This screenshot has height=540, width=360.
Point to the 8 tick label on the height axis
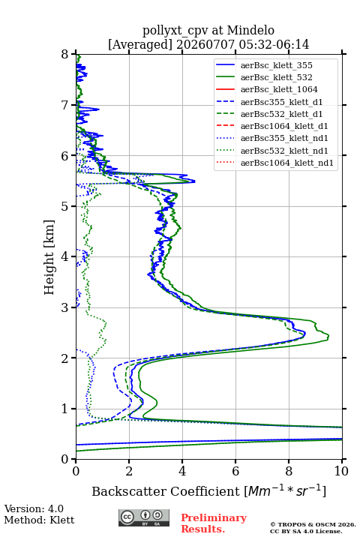(x=65, y=54)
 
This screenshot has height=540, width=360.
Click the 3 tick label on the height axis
(x=65, y=307)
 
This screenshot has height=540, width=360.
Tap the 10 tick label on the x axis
(x=341, y=471)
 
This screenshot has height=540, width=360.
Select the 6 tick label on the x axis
(x=235, y=471)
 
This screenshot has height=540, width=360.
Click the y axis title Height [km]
(x=49, y=257)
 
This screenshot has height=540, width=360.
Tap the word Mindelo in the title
(x=250, y=31)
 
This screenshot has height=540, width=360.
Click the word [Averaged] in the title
(x=140, y=45)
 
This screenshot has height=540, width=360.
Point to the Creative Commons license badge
(x=144, y=517)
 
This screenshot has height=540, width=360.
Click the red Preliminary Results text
(x=214, y=523)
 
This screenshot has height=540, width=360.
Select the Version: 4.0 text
(x=34, y=508)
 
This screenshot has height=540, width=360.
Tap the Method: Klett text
(x=39, y=520)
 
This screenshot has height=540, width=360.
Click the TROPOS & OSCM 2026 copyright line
(x=313, y=524)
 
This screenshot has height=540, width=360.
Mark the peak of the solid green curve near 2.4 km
(x=328, y=336)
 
